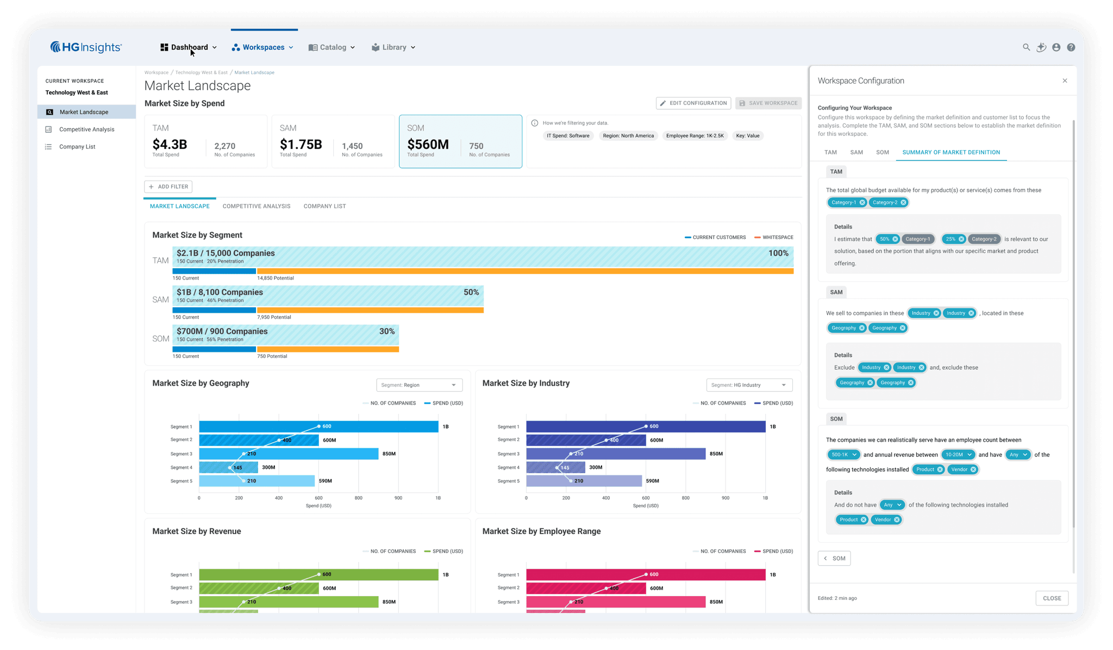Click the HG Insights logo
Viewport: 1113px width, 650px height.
tap(86, 47)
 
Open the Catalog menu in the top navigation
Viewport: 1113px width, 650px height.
tap(332, 47)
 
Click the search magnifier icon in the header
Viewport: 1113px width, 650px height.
tap(1026, 47)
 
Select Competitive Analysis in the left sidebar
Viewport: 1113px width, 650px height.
tap(86, 129)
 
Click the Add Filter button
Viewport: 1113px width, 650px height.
tap(168, 187)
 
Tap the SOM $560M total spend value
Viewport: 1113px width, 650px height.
tap(428, 145)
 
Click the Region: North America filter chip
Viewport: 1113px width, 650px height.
tap(628, 136)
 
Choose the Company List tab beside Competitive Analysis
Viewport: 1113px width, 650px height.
tap(324, 206)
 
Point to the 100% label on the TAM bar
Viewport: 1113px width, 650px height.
tap(778, 253)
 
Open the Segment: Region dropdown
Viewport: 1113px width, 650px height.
tap(419, 385)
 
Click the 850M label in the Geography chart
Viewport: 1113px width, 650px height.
tap(389, 454)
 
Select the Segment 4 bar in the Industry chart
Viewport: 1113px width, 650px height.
tap(555, 467)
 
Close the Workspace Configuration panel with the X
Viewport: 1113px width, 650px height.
tap(1065, 81)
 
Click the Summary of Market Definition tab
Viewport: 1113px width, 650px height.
tap(951, 152)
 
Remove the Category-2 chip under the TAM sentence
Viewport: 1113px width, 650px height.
tap(903, 202)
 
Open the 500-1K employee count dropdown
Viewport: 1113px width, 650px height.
tap(844, 455)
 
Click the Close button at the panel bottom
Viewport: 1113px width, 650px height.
tap(1052, 598)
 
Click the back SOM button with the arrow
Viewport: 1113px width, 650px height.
tap(834, 558)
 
